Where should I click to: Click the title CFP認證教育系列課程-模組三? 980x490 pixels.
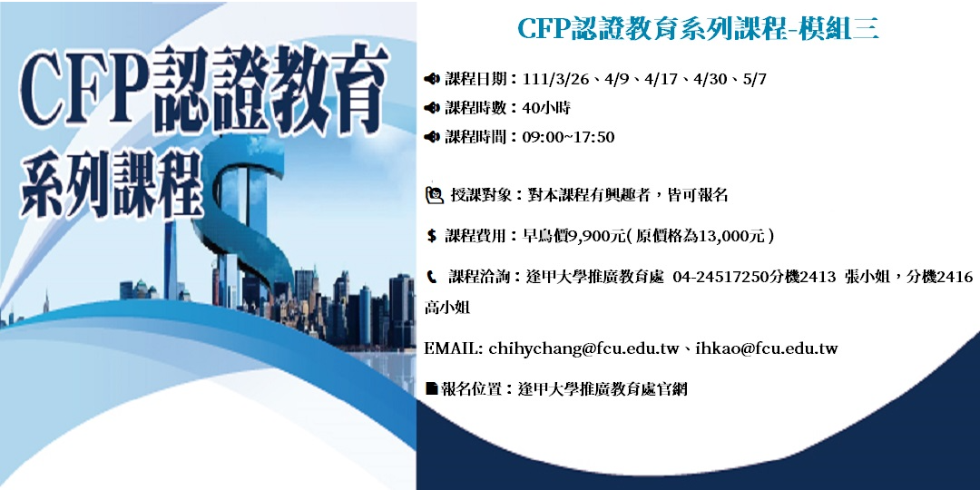[698, 29]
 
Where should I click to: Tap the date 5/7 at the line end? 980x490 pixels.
[755, 79]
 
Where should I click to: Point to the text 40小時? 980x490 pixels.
[546, 108]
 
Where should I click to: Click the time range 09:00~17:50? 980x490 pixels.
[569, 137]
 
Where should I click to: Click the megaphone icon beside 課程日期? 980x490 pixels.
[432, 79]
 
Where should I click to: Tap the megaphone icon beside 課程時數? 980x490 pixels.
[432, 108]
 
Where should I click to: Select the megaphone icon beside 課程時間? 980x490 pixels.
[432, 137]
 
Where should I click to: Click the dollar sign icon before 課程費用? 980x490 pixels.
[432, 236]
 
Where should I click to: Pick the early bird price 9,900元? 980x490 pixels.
[596, 236]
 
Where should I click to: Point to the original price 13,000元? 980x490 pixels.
[729, 236]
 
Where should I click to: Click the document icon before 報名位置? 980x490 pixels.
[432, 389]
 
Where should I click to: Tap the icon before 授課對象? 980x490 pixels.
[434, 193]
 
